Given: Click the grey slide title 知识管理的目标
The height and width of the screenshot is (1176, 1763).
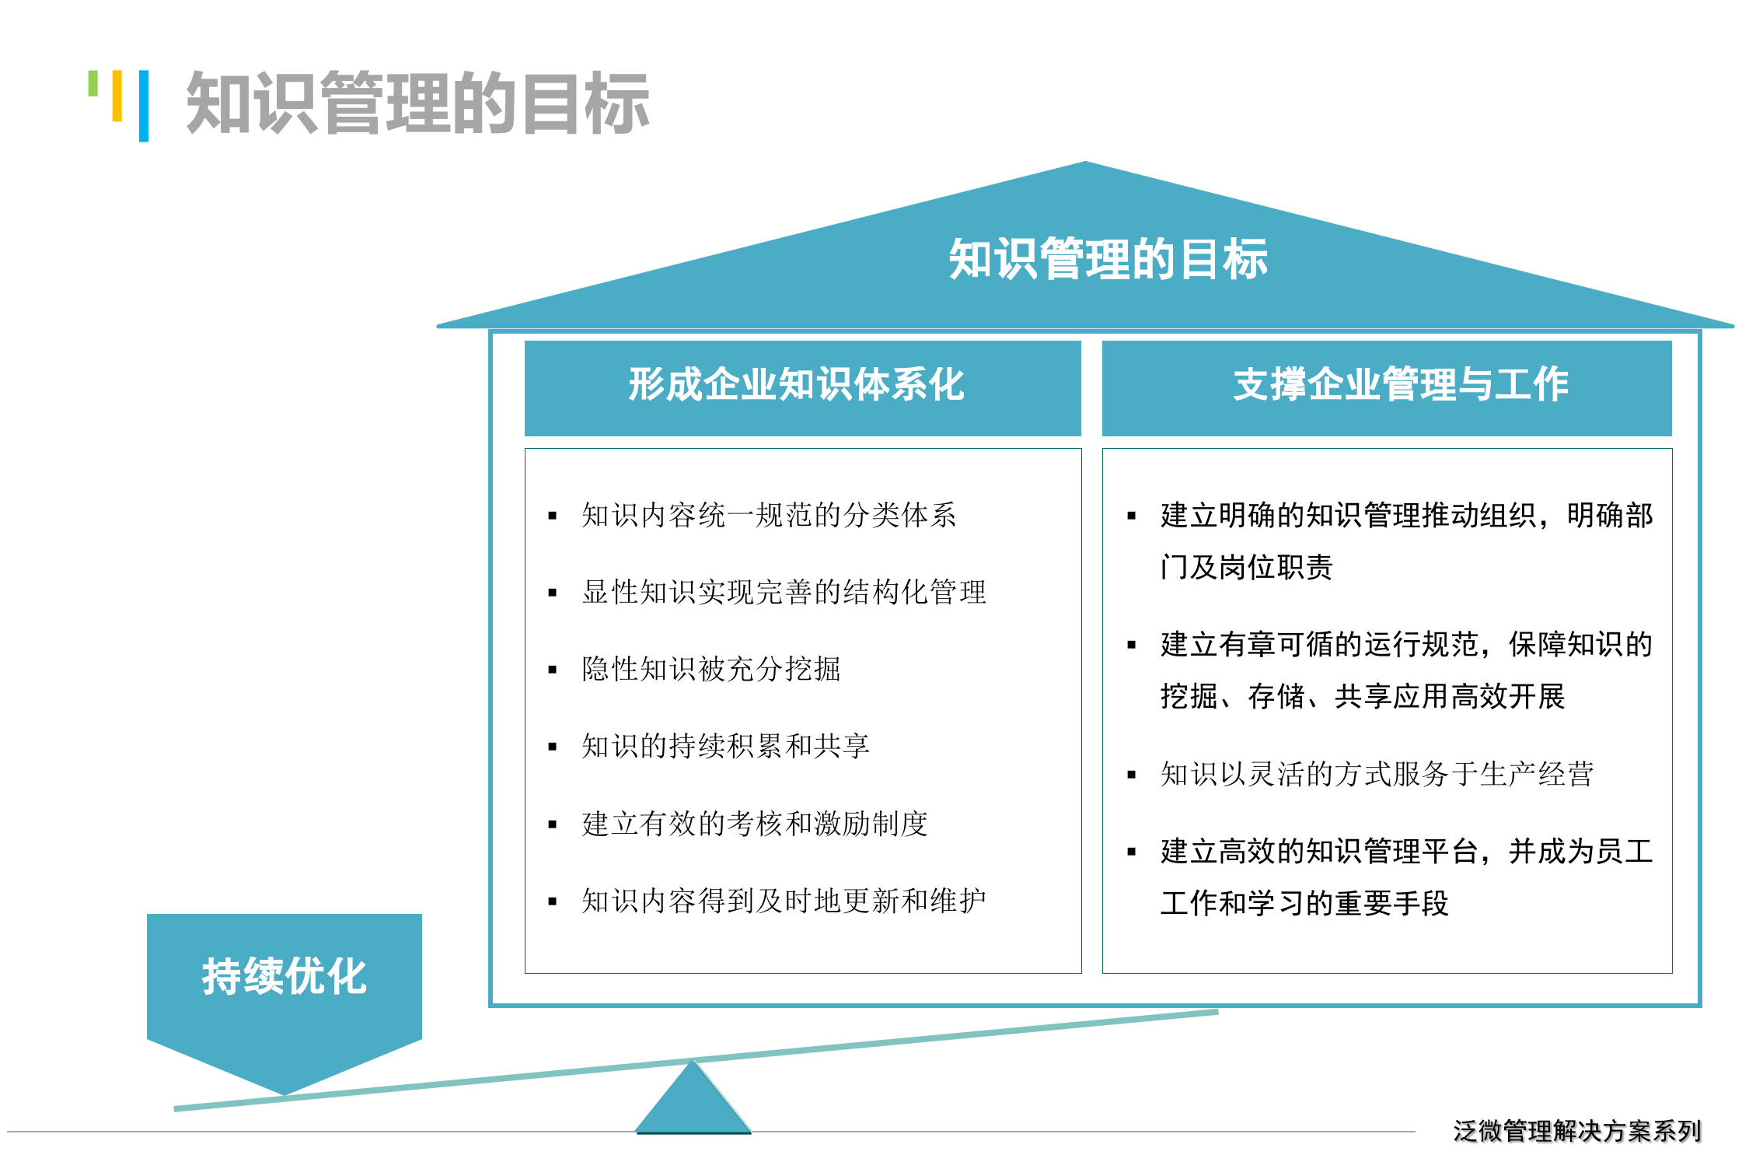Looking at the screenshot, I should pyautogui.click(x=417, y=103).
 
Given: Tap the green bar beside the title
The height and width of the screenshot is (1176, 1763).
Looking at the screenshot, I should pyautogui.click(x=93, y=83).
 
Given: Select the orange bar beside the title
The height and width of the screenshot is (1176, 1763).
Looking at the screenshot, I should pyautogui.click(x=117, y=96).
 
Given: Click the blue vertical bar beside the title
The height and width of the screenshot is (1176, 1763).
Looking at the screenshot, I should pyautogui.click(x=144, y=106).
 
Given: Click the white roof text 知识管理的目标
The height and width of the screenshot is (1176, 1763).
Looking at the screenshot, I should pyautogui.click(x=1107, y=259).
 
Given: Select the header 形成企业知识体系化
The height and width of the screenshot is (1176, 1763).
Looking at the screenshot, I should pyautogui.click(x=796, y=385).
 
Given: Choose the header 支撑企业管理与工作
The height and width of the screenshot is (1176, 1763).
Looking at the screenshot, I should pyautogui.click(x=1401, y=385).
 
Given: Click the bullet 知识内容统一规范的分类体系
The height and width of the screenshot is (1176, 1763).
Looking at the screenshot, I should pyautogui.click(x=768, y=515).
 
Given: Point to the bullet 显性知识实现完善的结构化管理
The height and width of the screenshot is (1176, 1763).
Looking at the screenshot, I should pyautogui.click(x=784, y=592).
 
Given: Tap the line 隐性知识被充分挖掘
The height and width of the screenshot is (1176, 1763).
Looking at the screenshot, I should pyautogui.click(x=710, y=669).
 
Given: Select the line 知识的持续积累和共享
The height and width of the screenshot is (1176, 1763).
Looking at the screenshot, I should pyautogui.click(x=724, y=746).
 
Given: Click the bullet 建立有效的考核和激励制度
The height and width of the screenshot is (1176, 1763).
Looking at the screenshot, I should pyautogui.click(x=754, y=824).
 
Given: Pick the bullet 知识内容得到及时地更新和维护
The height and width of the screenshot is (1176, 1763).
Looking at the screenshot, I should pyautogui.click(x=784, y=901).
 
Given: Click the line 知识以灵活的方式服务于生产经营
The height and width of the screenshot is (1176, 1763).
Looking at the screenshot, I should pyautogui.click(x=1376, y=774).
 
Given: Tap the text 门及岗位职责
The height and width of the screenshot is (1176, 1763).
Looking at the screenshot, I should pyautogui.click(x=1246, y=567).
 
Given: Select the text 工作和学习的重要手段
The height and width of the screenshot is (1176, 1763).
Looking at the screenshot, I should pyautogui.click(x=1304, y=903).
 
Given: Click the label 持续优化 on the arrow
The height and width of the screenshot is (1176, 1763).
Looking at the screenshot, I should pyautogui.click(x=284, y=976).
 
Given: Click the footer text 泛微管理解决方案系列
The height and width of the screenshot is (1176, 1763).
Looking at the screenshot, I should pyautogui.click(x=1576, y=1130).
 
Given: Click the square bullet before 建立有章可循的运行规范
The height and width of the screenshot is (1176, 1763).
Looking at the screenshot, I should pyautogui.click(x=1132, y=645).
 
